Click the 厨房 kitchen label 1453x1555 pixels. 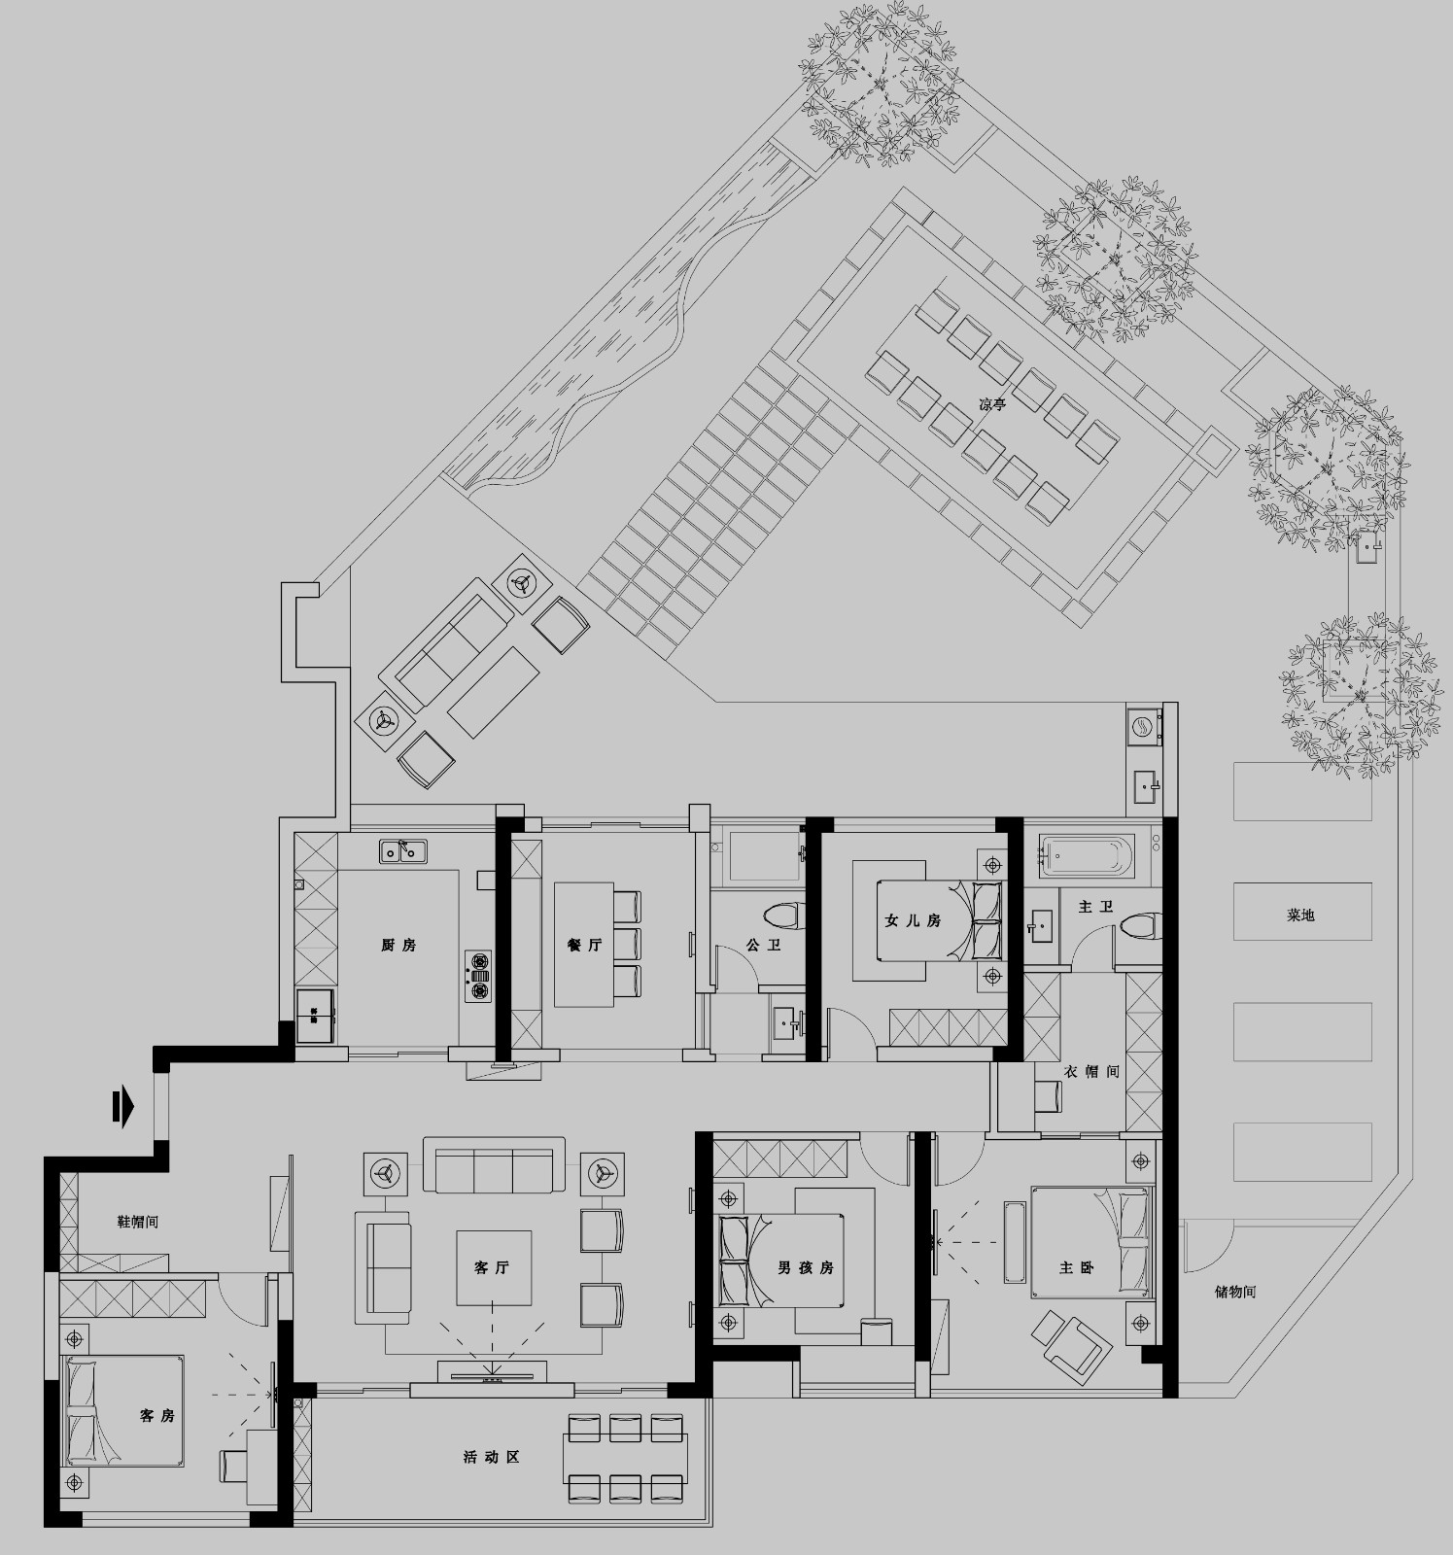pos(398,945)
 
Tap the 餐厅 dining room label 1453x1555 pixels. pos(584,945)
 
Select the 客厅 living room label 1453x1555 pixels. pos(491,1267)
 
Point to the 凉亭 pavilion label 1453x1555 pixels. pos(992,405)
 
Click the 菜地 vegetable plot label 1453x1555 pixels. pos(1300,915)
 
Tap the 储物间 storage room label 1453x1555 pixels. pos(1235,1292)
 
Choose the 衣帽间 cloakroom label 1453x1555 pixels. pos(1092,1072)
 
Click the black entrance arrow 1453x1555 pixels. pos(121,1107)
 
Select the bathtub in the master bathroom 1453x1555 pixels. pos(1087,856)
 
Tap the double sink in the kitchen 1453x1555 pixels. pos(403,851)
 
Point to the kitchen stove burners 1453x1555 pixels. pos(479,976)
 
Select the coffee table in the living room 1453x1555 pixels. pos(495,1267)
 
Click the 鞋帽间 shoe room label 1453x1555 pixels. pos(137,1222)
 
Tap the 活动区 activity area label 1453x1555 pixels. pos(491,1457)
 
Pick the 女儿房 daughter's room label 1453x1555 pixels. pos(913,919)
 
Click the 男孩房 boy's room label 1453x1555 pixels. pos(805,1267)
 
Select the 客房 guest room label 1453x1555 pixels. pos(156,1415)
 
